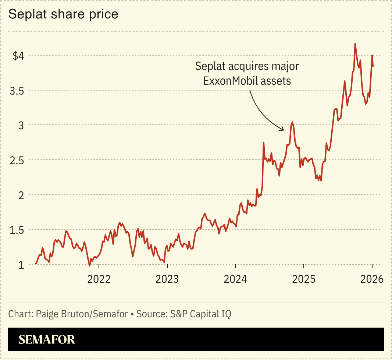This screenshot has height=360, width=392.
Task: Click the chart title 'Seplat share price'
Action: pyautogui.click(x=63, y=14)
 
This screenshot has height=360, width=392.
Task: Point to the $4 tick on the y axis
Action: pyautogui.click(x=18, y=56)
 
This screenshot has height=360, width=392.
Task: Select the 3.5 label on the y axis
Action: pyautogui.click(x=17, y=91)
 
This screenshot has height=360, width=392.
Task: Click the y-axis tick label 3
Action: pyautogui.click(x=21, y=126)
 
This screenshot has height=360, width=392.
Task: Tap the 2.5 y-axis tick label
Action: pyautogui.click(x=17, y=160)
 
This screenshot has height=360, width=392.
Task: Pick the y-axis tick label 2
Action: pyautogui.click(x=21, y=195)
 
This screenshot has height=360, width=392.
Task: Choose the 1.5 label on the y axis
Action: pyautogui.click(x=17, y=230)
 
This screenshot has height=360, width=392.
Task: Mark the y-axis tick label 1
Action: pyautogui.click(x=22, y=265)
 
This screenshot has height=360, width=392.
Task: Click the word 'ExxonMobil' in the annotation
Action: pyautogui.click(x=231, y=81)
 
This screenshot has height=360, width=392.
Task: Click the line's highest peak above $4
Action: pyautogui.click(x=355, y=43)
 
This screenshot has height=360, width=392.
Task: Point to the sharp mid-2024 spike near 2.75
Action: pyautogui.click(x=264, y=142)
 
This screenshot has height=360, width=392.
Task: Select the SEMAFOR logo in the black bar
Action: pyautogui.click(x=47, y=339)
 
